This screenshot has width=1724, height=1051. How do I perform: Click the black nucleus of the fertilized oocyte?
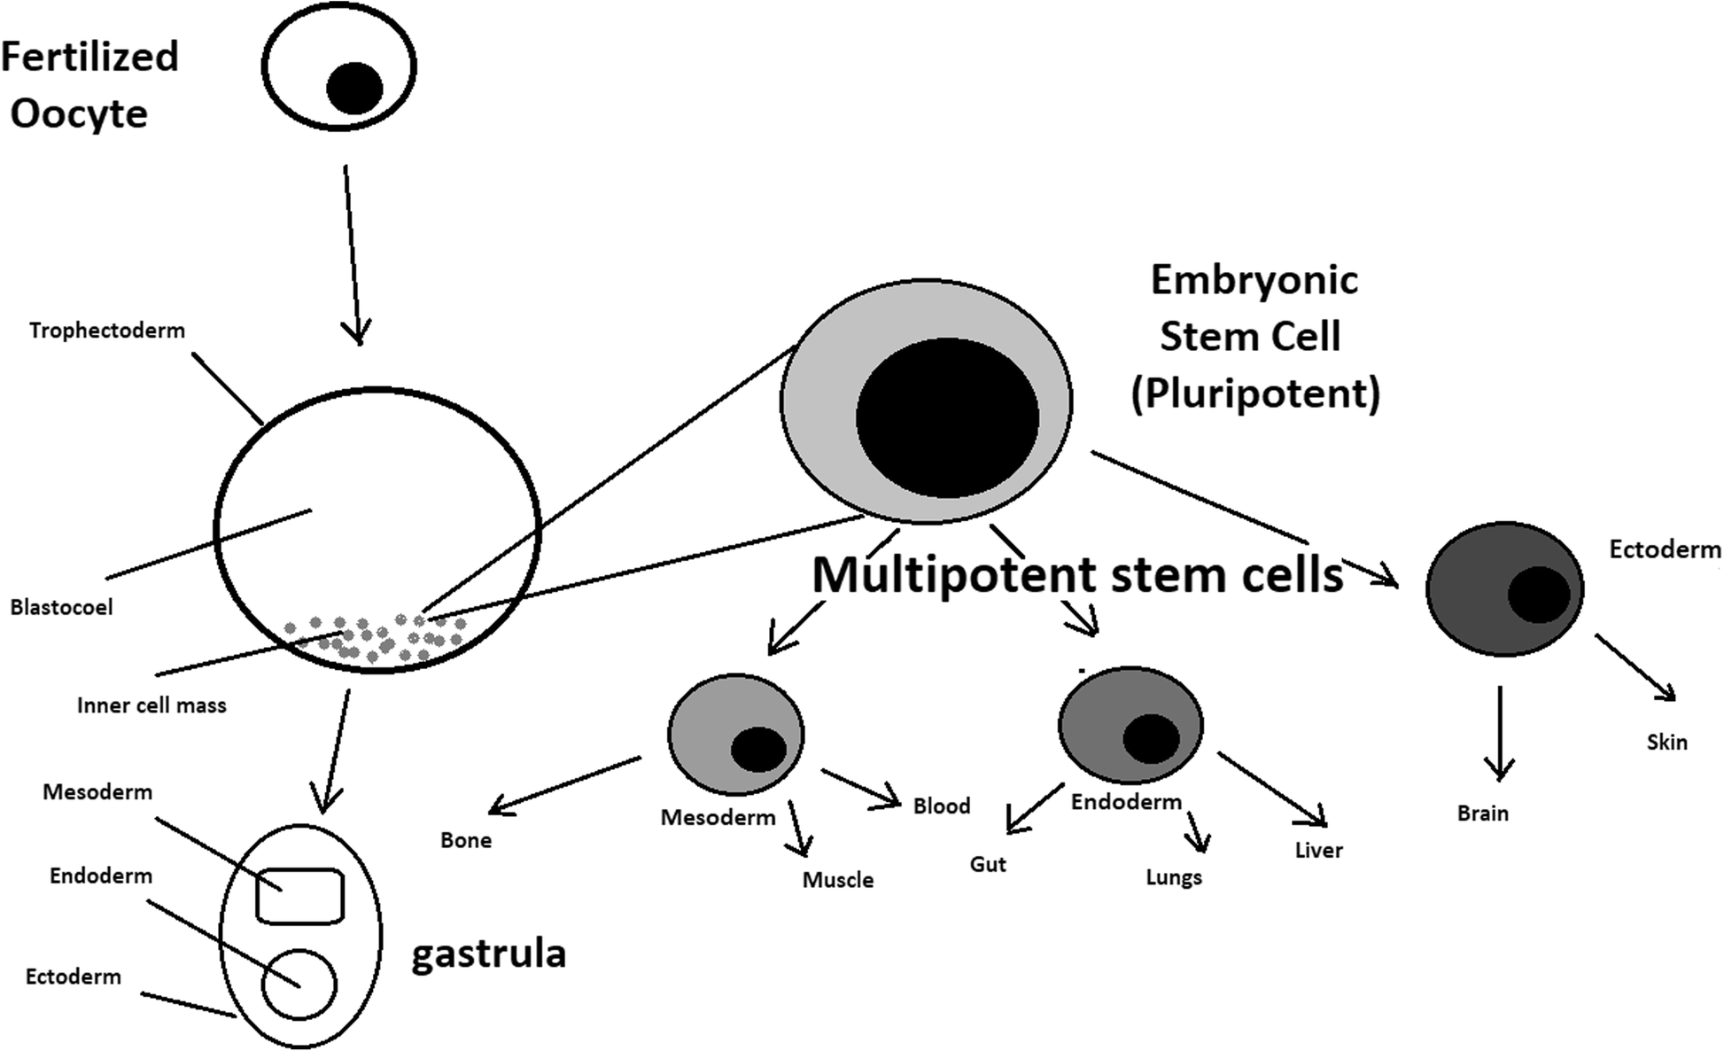click(354, 89)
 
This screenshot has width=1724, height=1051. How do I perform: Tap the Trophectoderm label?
click(107, 331)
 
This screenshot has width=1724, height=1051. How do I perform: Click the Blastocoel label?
click(61, 608)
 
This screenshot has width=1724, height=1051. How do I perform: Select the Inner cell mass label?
click(151, 706)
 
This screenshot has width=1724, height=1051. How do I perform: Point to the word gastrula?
click(488, 954)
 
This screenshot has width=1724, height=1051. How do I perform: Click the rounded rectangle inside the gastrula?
click(299, 896)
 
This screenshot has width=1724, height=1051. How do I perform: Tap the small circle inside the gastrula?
click(299, 985)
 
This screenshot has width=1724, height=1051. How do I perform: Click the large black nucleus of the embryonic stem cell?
click(947, 417)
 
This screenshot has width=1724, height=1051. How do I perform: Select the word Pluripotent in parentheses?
click(1255, 393)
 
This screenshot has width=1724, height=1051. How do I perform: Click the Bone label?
click(466, 840)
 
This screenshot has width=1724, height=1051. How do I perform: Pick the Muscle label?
click(838, 880)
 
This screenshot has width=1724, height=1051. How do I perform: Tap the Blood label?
click(942, 806)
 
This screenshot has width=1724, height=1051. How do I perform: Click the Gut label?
click(988, 864)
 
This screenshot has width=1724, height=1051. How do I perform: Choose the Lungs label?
click(1174, 877)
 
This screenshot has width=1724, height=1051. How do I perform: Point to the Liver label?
click(1318, 851)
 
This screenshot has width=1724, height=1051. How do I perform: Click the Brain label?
click(1482, 814)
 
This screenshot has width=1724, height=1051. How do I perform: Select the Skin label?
click(1666, 743)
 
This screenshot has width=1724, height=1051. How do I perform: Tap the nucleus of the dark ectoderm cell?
click(1539, 595)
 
